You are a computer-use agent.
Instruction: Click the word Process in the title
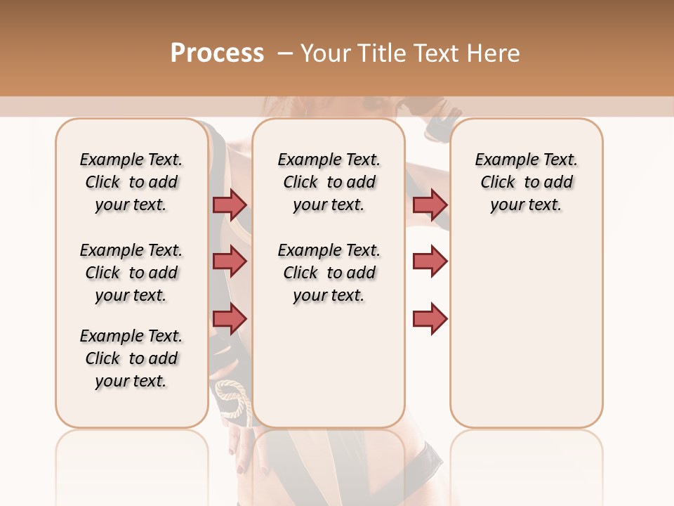pos(217,53)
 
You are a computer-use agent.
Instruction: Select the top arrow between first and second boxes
pos(230,205)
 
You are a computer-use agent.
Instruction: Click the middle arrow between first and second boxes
pos(230,261)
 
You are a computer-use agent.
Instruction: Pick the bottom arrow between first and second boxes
pos(230,319)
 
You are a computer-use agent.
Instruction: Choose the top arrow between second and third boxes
pos(430,205)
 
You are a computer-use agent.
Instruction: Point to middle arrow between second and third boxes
pos(430,261)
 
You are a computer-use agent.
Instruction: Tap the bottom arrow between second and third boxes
pos(430,319)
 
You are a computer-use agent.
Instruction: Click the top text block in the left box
pos(131,182)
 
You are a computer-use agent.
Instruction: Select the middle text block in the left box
pos(131,273)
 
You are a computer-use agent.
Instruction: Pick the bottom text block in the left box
pos(131,358)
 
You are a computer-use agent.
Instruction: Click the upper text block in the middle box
pos(329,182)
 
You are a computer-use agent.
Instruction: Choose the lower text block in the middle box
pos(329,273)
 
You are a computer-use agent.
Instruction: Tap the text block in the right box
pos(527,182)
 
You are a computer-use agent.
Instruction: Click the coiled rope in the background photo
pos(232,397)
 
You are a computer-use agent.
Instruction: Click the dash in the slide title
pos(285,53)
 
